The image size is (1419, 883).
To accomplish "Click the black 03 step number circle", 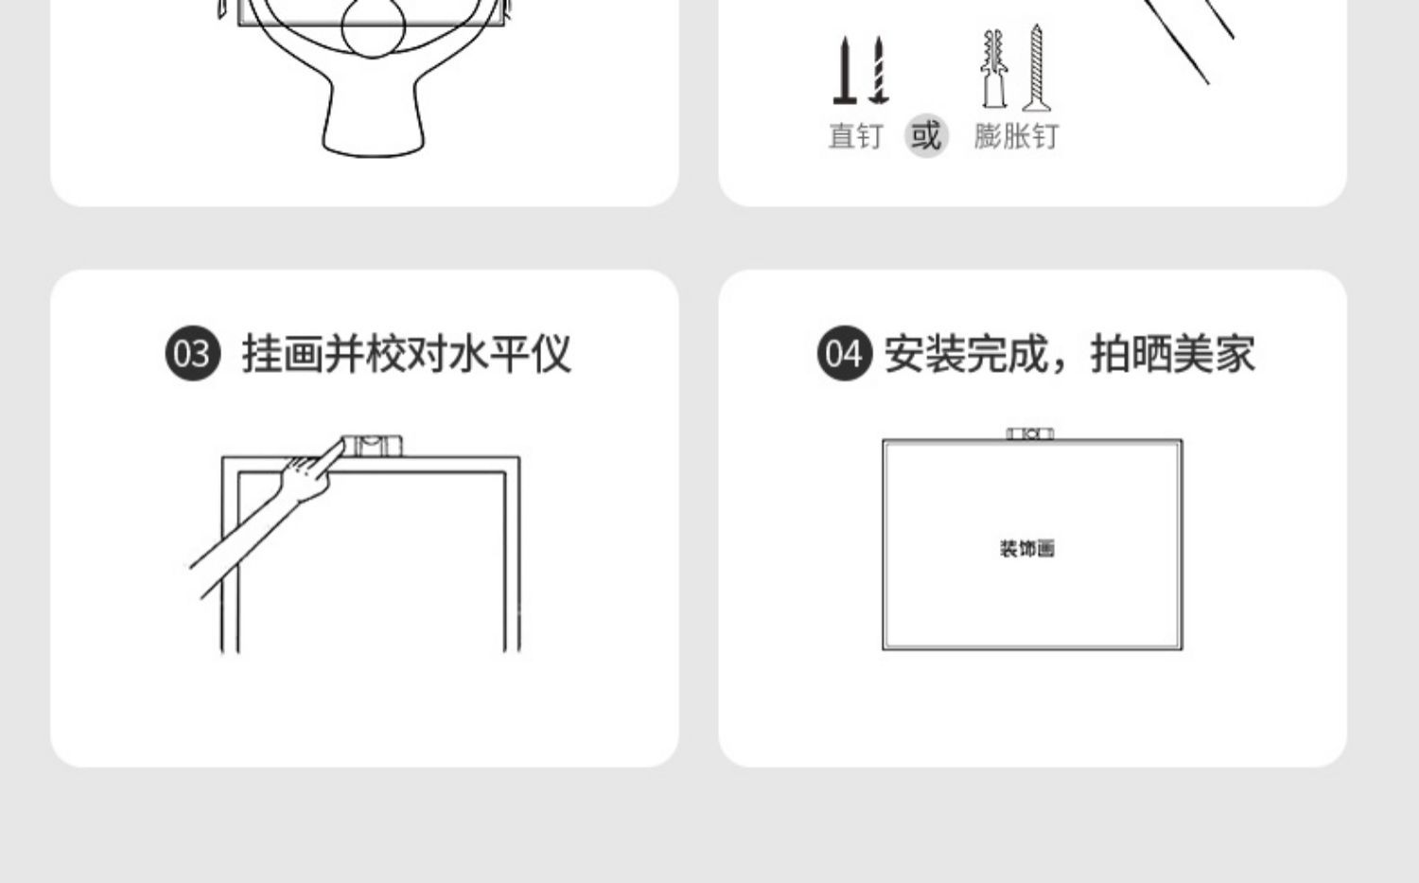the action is (192, 354).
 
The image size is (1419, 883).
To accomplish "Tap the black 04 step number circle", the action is (844, 354).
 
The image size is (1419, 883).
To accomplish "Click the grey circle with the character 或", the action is (926, 135).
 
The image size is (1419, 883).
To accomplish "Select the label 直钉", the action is (855, 136).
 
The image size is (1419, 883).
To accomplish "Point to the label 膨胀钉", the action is (1016, 136).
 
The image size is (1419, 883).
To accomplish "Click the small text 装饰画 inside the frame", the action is (1026, 549).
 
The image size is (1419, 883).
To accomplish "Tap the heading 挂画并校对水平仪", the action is (407, 354).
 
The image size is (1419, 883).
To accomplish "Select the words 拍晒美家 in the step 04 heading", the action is (1173, 354).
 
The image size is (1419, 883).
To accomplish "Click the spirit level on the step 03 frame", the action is (372, 445).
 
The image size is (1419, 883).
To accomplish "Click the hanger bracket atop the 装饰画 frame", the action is (1030, 433).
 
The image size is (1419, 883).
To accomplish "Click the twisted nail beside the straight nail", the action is (879, 70).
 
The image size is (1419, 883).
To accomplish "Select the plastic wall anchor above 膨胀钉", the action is (992, 68).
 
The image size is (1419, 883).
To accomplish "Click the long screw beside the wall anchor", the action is (1037, 68).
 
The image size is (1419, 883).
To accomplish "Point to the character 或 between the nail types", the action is (926, 135).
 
